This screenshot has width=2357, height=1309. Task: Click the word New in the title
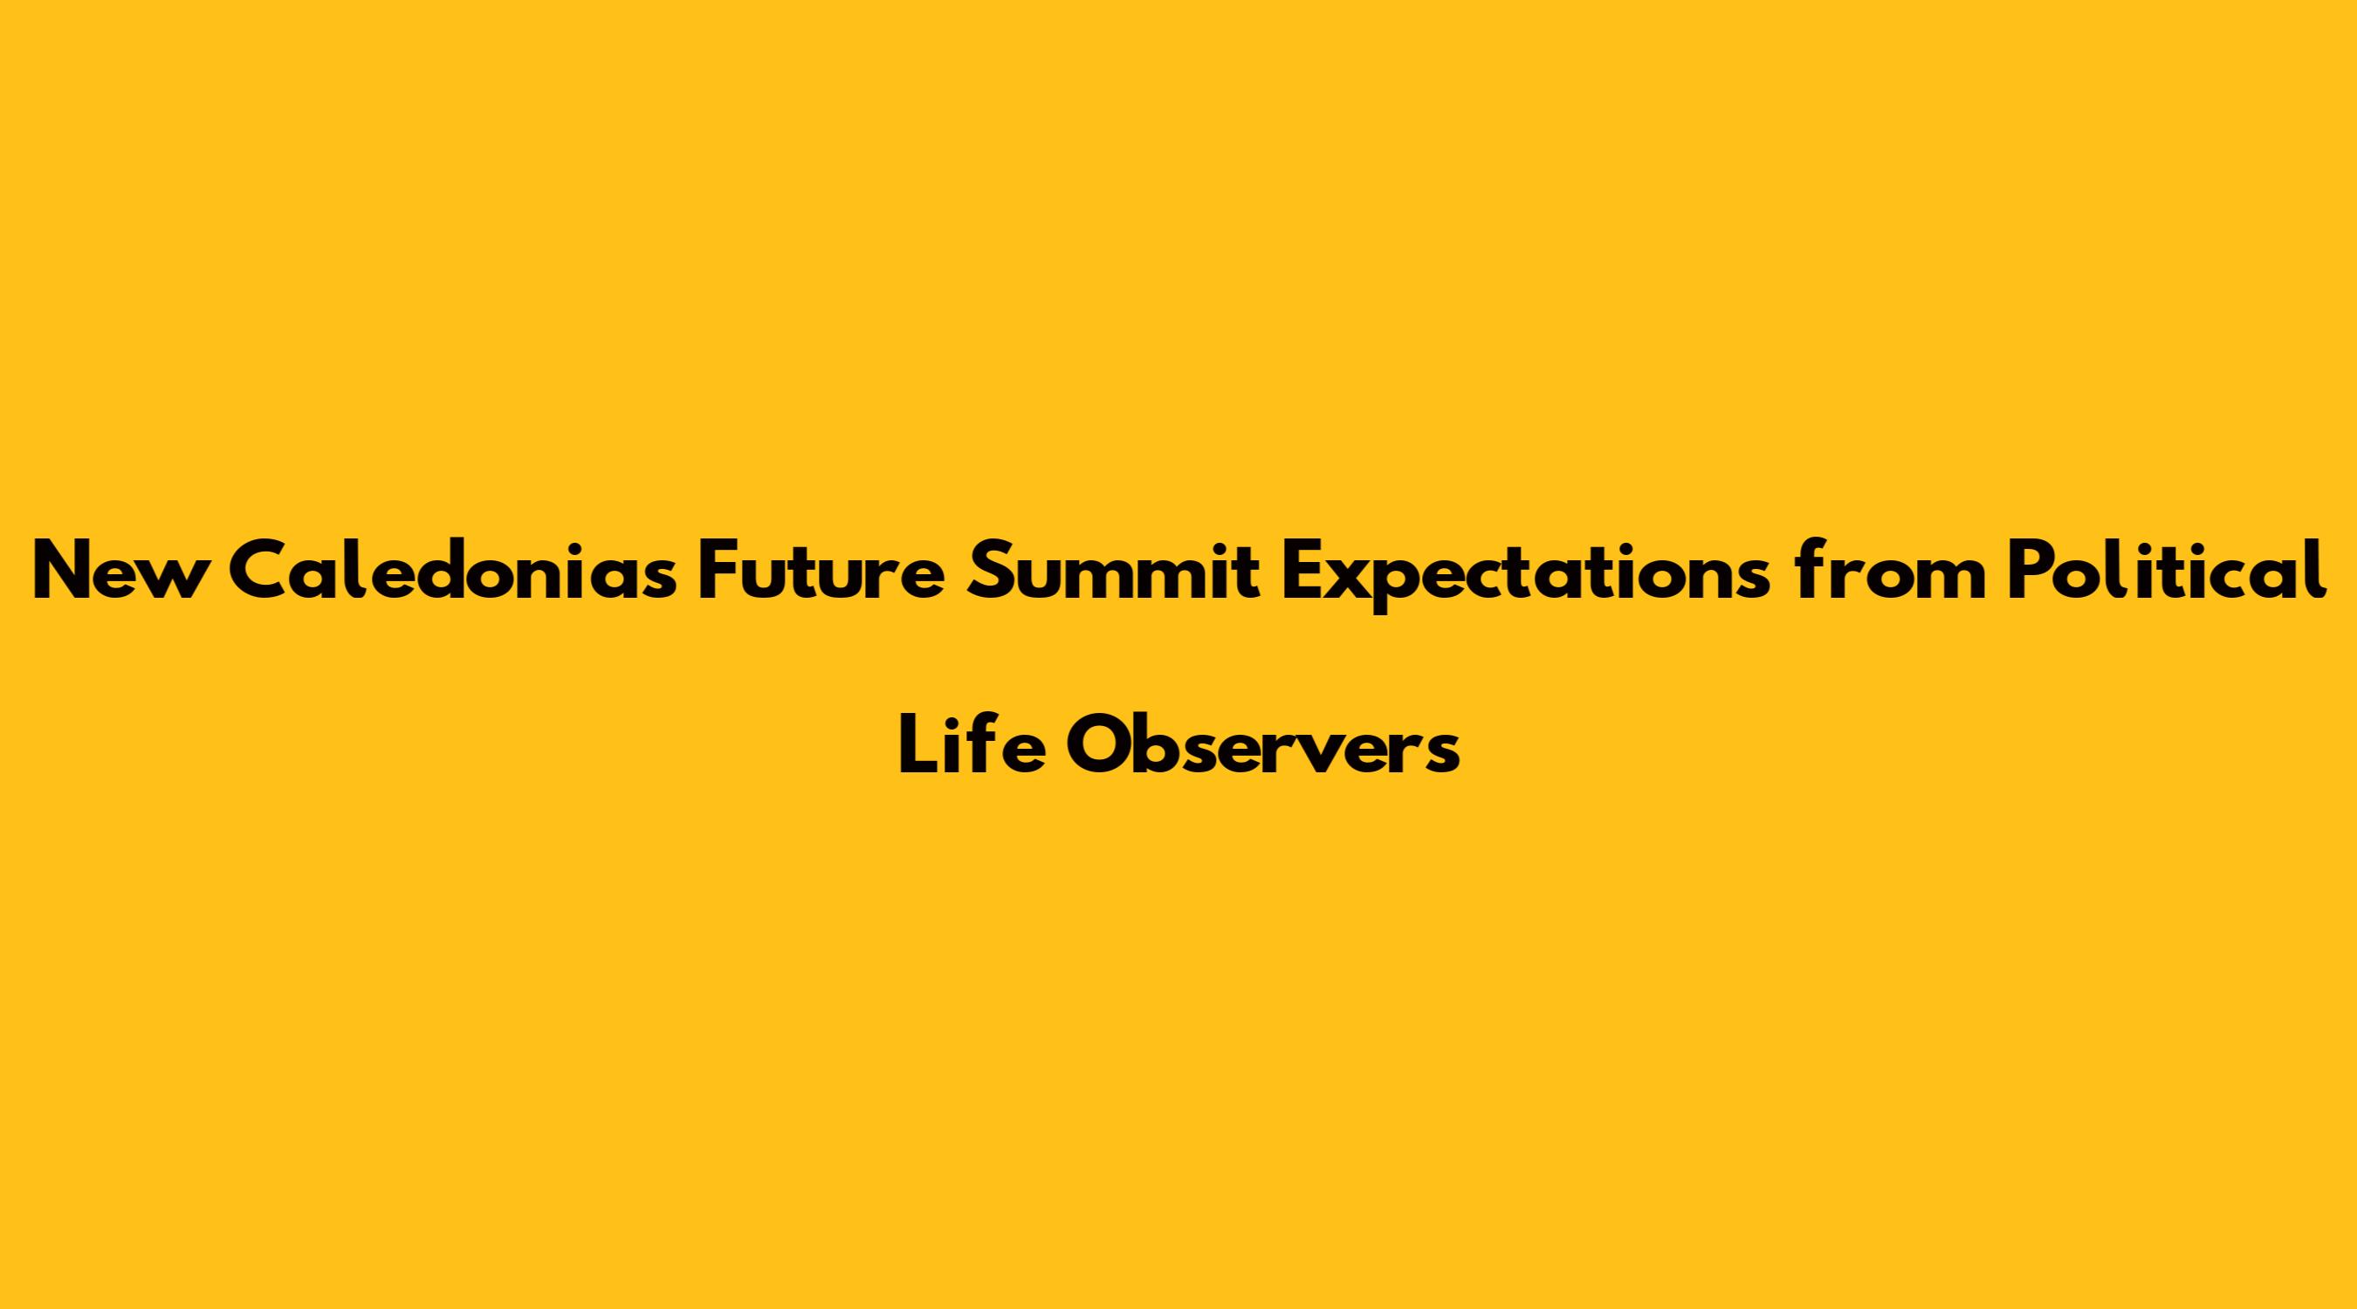(116, 571)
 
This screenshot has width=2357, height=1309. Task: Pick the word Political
(2167, 570)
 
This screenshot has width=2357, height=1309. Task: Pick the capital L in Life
(919, 744)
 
